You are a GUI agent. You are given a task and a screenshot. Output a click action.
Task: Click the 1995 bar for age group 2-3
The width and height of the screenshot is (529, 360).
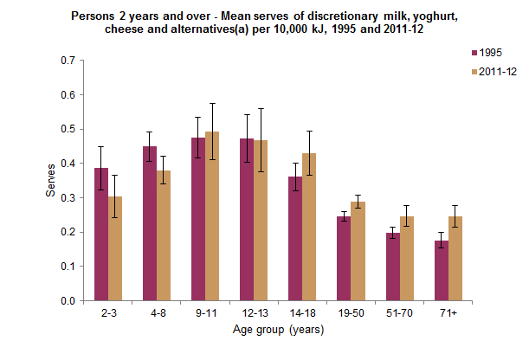[101, 235]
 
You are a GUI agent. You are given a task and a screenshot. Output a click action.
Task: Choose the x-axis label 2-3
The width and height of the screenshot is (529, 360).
[107, 313]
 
